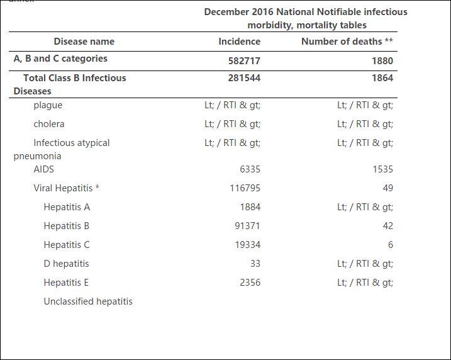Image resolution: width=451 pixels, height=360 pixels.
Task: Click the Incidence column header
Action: [x=239, y=42]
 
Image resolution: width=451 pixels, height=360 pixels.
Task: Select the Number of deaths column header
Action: [x=347, y=42]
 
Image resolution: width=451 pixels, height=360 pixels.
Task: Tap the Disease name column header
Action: [x=84, y=42]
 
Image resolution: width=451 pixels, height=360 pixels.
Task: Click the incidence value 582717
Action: [x=244, y=60]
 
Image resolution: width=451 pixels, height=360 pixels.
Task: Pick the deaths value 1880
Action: [x=382, y=60]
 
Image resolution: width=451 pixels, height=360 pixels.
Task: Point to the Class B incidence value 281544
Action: [x=244, y=77]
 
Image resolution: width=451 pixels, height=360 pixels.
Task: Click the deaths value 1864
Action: [x=382, y=77]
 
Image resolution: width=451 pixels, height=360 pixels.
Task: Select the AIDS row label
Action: [x=44, y=169]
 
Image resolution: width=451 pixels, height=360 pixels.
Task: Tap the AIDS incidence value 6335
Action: [x=250, y=169]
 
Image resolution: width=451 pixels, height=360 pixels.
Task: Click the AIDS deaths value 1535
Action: [x=383, y=169]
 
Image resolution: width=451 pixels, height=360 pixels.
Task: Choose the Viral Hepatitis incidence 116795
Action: [x=245, y=188]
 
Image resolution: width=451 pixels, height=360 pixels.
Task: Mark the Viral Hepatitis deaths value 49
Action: [x=387, y=188]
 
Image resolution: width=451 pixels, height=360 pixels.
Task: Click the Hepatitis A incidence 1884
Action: [x=250, y=207]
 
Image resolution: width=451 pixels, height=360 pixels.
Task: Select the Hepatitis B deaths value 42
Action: [x=387, y=226]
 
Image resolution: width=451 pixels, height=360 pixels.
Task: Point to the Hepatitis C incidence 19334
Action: [x=248, y=245]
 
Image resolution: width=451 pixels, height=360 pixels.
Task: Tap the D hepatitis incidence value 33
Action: [x=255, y=264]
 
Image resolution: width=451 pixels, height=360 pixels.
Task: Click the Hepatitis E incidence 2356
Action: [x=250, y=283]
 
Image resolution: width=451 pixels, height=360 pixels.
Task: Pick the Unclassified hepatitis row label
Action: [x=88, y=301]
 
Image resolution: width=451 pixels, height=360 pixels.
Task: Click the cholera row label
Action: [x=49, y=124]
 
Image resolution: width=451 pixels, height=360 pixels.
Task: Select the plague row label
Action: [x=48, y=105]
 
